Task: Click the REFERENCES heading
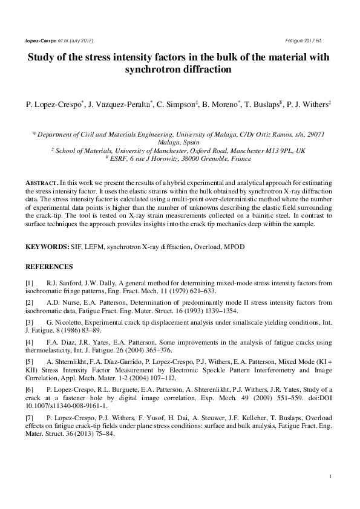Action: click(x=49, y=267)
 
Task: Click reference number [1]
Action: click(x=30, y=283)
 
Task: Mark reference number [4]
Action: click(x=30, y=342)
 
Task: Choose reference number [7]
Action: click(x=30, y=417)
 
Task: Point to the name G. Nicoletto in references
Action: click(x=65, y=322)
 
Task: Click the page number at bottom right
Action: click(x=330, y=477)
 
